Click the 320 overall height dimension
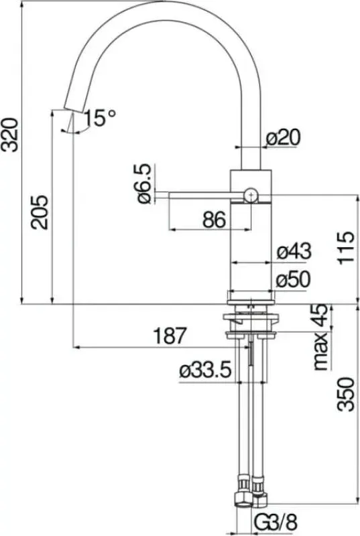(x=9, y=135)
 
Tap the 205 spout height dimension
(x=40, y=212)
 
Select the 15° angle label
(x=99, y=118)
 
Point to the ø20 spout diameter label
(x=283, y=137)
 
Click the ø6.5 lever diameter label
(x=145, y=183)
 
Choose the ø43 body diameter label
(x=294, y=252)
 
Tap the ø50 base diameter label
(x=294, y=279)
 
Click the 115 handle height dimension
(x=346, y=248)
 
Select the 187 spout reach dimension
(x=170, y=336)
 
